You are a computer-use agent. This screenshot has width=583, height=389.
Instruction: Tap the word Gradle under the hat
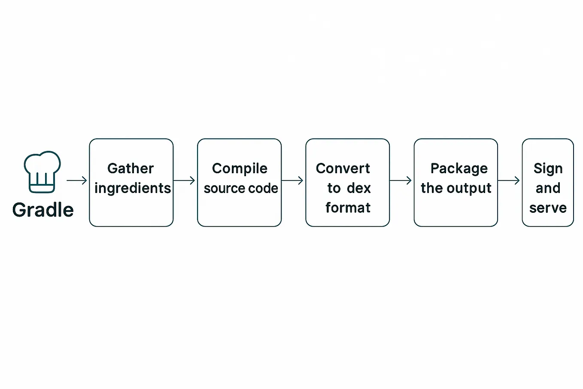coord(43,210)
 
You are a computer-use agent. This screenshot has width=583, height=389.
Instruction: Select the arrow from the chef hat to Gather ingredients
coord(77,180)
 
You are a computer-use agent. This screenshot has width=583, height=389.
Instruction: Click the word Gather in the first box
coord(131,168)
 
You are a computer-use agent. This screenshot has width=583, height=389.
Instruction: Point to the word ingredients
coord(133,189)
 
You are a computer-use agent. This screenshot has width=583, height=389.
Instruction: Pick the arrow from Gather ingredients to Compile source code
coord(184,180)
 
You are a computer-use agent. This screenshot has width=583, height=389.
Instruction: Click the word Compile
coord(240,169)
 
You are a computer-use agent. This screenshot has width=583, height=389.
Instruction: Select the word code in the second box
coord(263,188)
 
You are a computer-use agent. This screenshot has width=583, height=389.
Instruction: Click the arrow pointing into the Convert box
coord(292,180)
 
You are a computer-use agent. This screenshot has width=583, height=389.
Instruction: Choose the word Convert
coord(343,168)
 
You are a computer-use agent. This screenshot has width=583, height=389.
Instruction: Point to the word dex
coord(359,188)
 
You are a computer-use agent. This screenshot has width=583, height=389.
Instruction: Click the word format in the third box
coord(348,208)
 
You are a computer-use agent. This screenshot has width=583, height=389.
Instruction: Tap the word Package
coord(459,169)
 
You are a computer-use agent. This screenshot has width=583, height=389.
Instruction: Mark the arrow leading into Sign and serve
coord(509,180)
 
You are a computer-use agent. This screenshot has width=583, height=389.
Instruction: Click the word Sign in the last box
coord(548,169)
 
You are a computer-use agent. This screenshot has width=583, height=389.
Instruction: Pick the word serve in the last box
coord(548,208)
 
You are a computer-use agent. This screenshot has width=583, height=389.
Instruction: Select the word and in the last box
coord(548,188)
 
